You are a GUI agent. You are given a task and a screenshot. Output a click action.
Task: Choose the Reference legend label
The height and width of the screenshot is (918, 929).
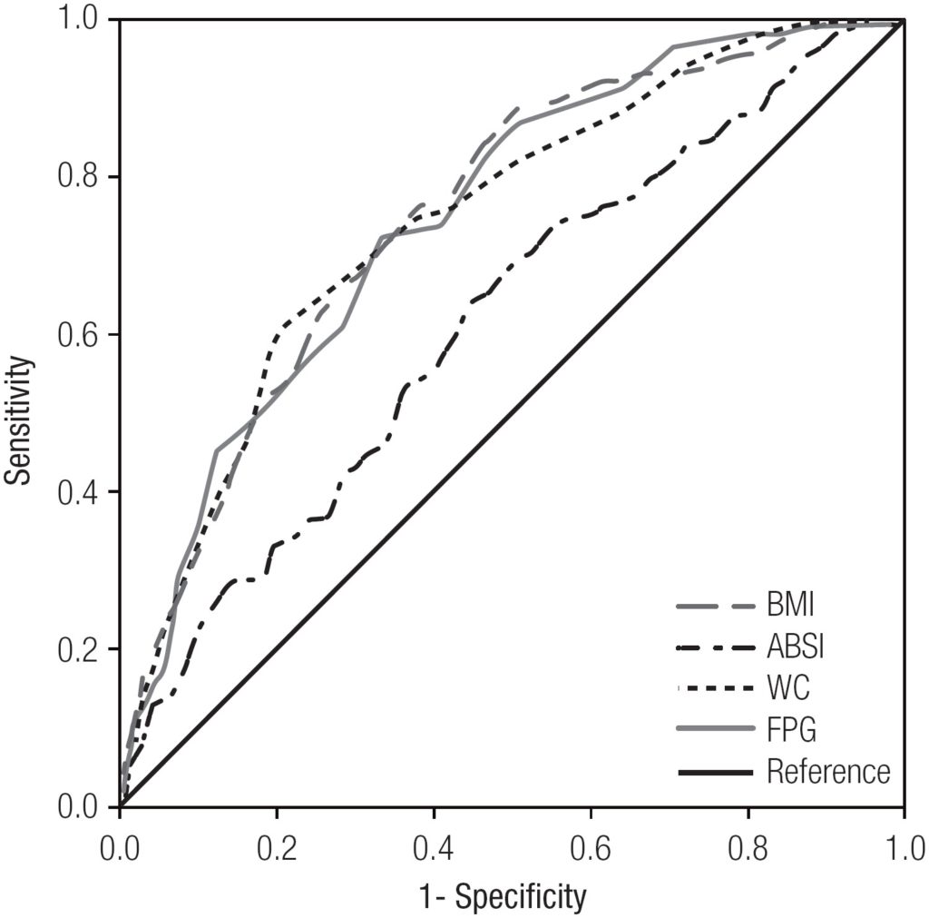tap(827, 772)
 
